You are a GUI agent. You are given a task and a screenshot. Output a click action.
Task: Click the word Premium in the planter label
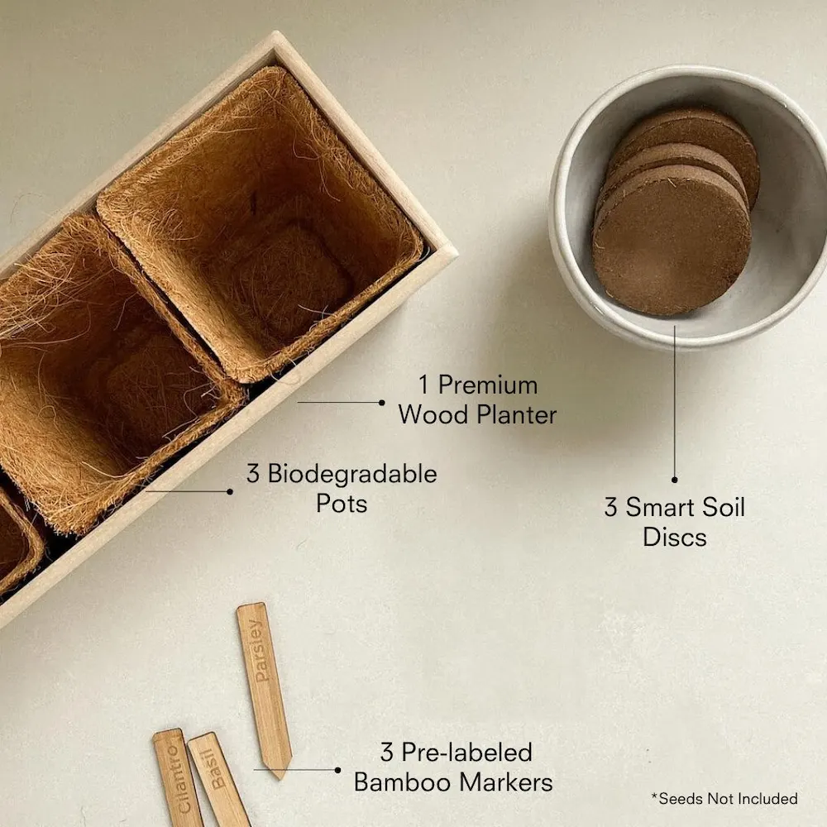point(488,385)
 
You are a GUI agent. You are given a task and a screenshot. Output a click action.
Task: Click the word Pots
point(342,503)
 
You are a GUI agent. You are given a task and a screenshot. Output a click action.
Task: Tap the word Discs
point(675,537)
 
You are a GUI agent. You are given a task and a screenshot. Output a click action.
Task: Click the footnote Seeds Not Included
point(724,799)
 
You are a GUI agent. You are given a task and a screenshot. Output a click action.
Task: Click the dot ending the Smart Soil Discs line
point(675,479)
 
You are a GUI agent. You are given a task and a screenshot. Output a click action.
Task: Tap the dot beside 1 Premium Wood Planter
point(382,403)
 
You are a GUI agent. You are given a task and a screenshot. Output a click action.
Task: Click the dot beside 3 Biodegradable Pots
point(230,491)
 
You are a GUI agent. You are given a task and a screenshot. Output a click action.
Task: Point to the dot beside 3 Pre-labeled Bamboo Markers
point(337,770)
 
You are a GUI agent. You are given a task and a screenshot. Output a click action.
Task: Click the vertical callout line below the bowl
point(675,405)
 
